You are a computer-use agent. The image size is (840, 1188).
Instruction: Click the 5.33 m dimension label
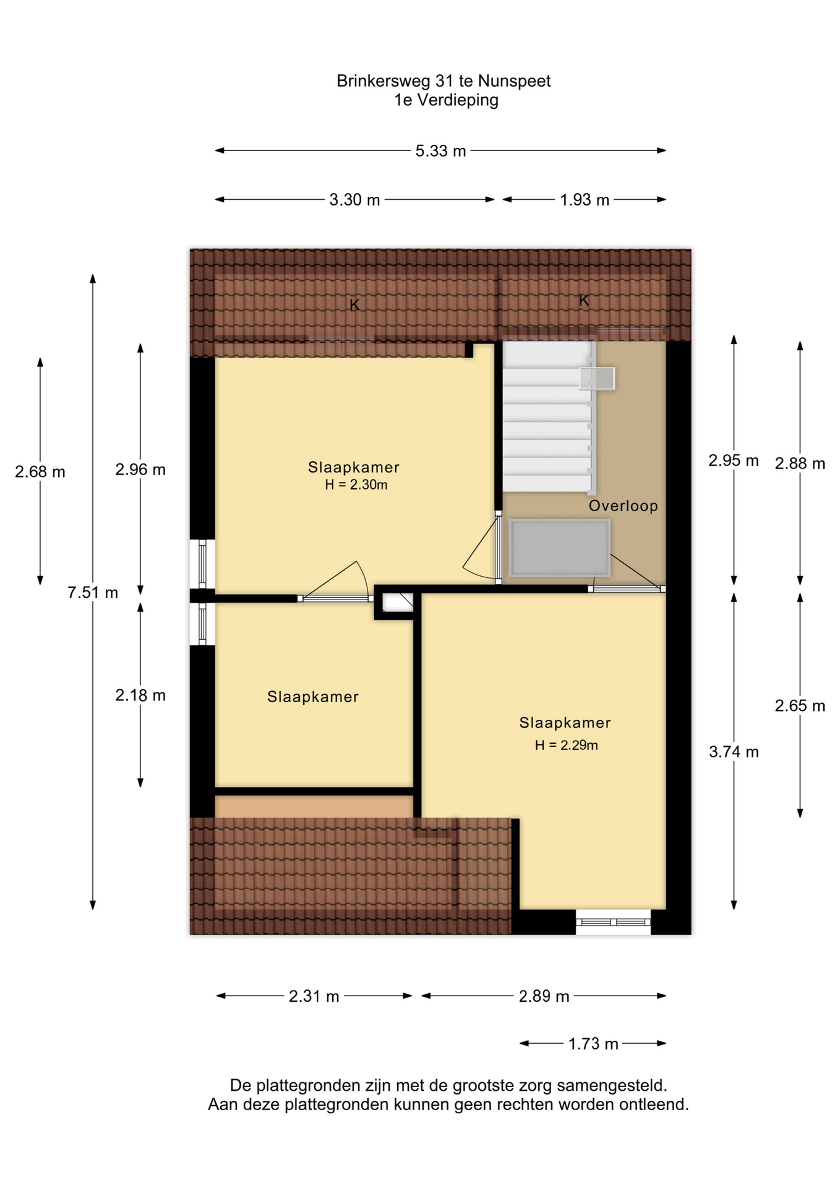pyautogui.click(x=440, y=151)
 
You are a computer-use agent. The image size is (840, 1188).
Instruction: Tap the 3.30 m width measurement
pyautogui.click(x=354, y=200)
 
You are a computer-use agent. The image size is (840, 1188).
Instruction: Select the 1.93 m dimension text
pyautogui.click(x=585, y=200)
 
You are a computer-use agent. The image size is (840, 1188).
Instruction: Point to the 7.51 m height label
pyautogui.click(x=93, y=593)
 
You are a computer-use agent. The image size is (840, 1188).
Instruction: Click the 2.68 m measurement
pyautogui.click(x=40, y=472)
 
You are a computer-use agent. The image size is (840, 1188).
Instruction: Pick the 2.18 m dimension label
pyautogui.click(x=140, y=695)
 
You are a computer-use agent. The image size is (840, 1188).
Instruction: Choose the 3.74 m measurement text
pyautogui.click(x=734, y=752)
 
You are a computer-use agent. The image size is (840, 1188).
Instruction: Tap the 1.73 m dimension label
pyautogui.click(x=593, y=1044)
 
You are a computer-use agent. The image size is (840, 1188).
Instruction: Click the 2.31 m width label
pyautogui.click(x=314, y=996)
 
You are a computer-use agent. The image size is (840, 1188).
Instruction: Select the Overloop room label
pyautogui.click(x=623, y=506)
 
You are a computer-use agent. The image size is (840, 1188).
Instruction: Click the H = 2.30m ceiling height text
pyautogui.click(x=356, y=485)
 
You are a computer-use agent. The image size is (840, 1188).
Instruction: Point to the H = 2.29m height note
pyautogui.click(x=567, y=746)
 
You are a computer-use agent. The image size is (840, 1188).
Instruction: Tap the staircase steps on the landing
pyautogui.click(x=547, y=417)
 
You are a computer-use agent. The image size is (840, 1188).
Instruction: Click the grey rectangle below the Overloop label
pyautogui.click(x=559, y=548)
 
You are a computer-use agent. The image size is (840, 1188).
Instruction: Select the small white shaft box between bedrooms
pyautogui.click(x=397, y=602)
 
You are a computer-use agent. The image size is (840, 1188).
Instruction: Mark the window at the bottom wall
pyautogui.click(x=613, y=923)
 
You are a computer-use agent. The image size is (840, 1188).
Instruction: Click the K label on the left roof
pyautogui.click(x=354, y=304)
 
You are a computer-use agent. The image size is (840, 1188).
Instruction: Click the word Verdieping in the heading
pyautogui.click(x=457, y=100)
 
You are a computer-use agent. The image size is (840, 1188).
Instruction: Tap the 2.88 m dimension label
pyautogui.click(x=800, y=463)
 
